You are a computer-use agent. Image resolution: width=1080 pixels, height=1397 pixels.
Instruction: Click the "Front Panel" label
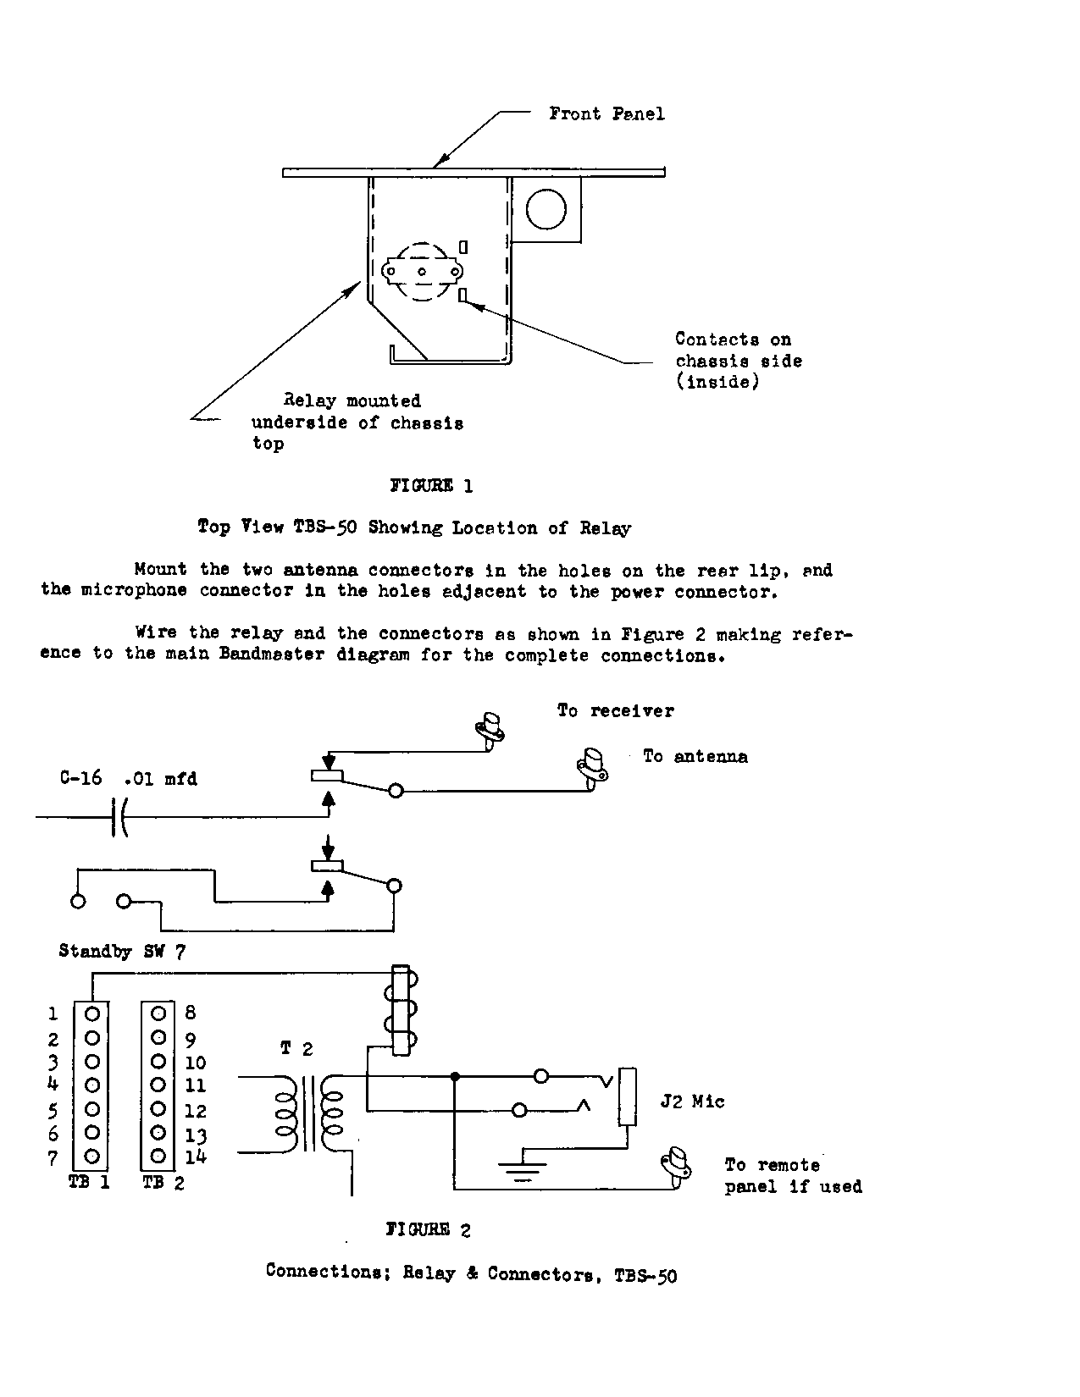tap(606, 113)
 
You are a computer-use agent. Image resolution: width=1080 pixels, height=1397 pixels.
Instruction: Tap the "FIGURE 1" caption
tap(430, 485)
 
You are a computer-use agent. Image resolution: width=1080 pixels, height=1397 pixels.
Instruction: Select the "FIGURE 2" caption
tap(429, 1229)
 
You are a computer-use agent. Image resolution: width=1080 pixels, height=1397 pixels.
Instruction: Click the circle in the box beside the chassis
tap(546, 208)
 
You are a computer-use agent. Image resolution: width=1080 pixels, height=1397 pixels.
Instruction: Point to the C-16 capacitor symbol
tap(119, 817)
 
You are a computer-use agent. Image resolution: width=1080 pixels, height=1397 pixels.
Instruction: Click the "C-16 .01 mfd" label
tap(128, 778)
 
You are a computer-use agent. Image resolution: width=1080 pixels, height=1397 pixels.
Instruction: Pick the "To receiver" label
tap(615, 710)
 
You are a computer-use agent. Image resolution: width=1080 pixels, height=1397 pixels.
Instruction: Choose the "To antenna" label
tap(695, 756)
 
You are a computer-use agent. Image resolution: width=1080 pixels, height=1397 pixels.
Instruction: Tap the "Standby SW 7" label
tap(122, 951)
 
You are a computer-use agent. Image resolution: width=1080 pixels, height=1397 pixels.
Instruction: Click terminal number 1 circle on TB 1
tap(93, 1013)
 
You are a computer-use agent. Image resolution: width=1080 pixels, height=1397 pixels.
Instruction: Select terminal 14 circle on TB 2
tap(158, 1156)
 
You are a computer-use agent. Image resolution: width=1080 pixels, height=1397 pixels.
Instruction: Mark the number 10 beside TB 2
tap(195, 1063)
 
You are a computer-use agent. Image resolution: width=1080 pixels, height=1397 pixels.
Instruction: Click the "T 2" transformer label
tap(296, 1049)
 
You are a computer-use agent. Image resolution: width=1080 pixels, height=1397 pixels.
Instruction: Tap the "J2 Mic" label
tap(692, 1102)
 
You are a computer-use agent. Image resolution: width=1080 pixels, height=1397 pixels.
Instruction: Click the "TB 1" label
tap(89, 1183)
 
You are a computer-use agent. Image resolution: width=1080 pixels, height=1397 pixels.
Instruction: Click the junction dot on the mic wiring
tap(455, 1077)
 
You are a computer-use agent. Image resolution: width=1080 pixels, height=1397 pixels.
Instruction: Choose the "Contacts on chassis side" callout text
tap(738, 361)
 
